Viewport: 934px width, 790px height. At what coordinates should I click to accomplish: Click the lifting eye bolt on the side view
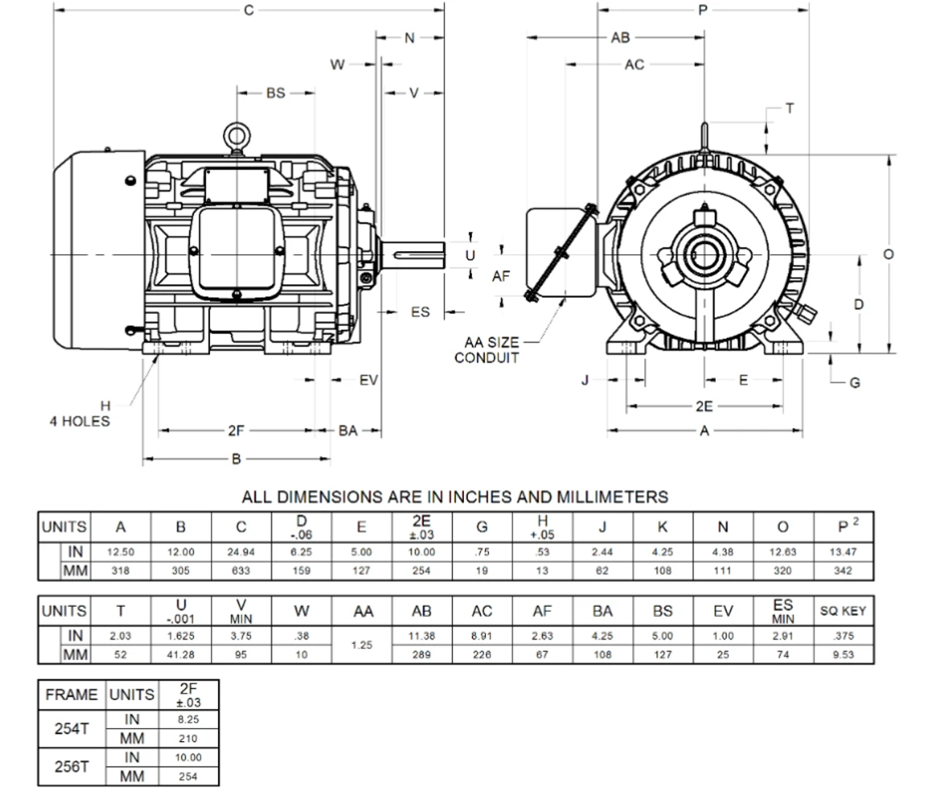(237, 137)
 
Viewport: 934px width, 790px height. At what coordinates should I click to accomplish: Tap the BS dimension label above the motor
(275, 93)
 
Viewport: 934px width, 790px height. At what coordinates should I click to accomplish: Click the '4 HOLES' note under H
(80, 421)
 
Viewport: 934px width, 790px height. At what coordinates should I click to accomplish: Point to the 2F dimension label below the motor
(236, 431)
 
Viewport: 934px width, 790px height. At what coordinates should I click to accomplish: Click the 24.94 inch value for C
(241, 552)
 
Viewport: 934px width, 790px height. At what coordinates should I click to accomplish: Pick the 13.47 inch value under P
(843, 552)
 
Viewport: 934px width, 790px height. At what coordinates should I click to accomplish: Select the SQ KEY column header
(843, 611)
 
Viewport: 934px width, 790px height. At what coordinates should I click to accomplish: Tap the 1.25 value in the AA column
(362, 645)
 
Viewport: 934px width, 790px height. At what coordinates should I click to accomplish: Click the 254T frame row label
(72, 729)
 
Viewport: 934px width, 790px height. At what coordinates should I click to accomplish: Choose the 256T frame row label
(72, 767)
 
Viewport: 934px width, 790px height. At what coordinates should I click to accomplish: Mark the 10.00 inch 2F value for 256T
(188, 757)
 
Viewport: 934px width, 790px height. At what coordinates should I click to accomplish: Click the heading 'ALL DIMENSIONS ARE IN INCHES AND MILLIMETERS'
(455, 497)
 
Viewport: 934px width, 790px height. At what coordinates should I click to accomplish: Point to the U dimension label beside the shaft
(470, 256)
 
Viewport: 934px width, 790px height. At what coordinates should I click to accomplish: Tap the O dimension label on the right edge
(888, 254)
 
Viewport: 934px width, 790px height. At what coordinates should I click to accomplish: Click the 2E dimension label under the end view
(703, 407)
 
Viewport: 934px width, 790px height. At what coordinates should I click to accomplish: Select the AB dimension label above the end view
(620, 37)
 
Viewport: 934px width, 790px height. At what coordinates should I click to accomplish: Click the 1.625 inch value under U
(180, 636)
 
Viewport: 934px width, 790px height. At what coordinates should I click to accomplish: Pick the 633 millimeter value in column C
(241, 571)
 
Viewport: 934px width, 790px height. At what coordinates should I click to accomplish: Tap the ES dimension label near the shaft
(420, 312)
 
